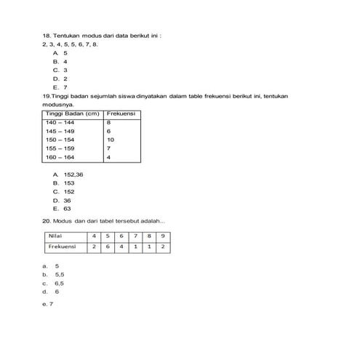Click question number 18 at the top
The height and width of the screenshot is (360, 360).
[47, 35]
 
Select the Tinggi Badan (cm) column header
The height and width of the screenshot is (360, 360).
[72, 114]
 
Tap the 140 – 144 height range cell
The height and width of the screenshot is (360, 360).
[60, 123]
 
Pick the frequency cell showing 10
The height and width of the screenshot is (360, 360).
[111, 139]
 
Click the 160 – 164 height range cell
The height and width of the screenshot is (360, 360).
[60, 156]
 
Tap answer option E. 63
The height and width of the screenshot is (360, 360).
[67, 208]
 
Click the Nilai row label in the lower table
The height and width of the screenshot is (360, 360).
[55, 236]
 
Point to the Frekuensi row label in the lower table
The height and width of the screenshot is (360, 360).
[62, 247]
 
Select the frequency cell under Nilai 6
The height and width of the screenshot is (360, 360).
[121, 247]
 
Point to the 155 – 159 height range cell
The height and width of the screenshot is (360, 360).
[60, 148]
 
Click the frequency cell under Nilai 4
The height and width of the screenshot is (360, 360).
[95, 247]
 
